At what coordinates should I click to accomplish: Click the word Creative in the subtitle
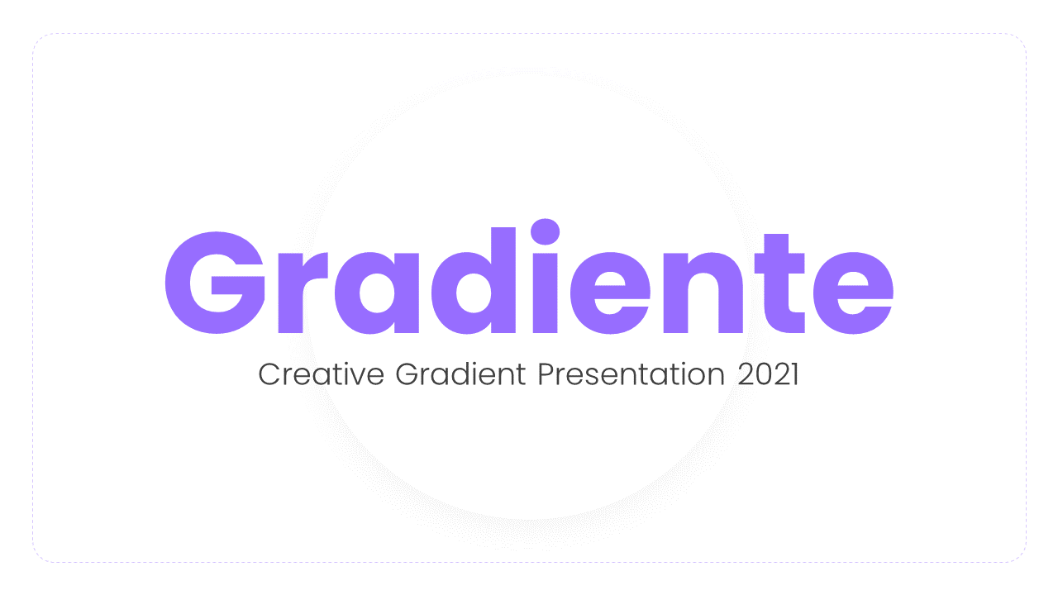point(321,374)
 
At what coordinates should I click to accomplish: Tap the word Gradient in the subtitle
point(460,374)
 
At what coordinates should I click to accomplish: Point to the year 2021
point(768,374)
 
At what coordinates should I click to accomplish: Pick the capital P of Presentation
point(546,374)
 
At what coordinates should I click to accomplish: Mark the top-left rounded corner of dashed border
point(38,40)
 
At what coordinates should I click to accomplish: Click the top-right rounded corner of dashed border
point(1020,40)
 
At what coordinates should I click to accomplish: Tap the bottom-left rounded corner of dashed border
point(38,557)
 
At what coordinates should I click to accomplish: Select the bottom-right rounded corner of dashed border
point(1020,557)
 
